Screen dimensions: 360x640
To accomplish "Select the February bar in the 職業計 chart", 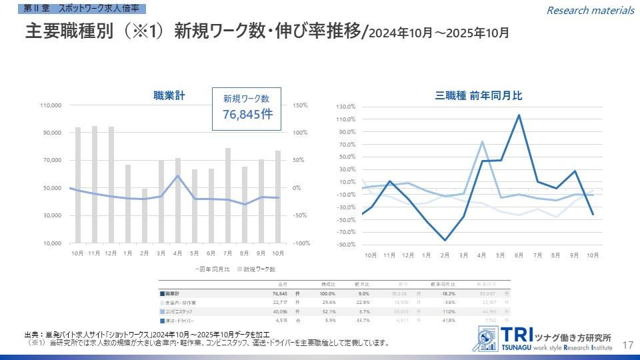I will tap(145, 216).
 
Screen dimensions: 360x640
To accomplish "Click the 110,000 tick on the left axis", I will tap(51, 105).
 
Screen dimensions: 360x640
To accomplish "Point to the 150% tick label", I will tap(299, 105).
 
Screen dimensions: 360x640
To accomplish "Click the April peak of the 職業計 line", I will tap(178, 176).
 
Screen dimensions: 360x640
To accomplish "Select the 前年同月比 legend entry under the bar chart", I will tap(213, 269).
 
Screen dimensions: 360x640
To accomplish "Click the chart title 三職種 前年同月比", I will tap(479, 96).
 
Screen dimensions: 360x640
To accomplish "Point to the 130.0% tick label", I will tap(346, 107).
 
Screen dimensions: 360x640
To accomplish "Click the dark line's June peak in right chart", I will tap(519, 115).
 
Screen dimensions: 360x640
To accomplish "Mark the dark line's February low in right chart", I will tap(445, 240).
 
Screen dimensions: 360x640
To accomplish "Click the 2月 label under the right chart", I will tap(445, 255).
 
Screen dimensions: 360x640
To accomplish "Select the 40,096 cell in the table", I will tap(279, 311).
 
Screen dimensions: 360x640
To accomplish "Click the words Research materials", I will tap(590, 10).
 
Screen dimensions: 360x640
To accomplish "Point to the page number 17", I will tap(627, 345).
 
